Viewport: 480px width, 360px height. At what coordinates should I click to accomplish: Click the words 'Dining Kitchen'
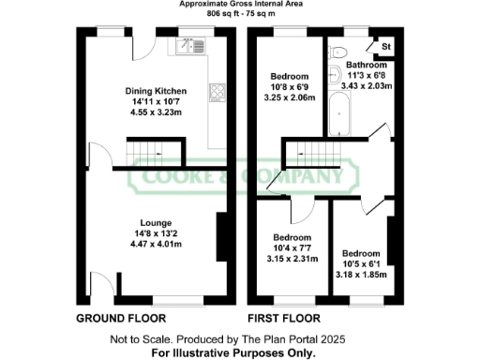click(157, 91)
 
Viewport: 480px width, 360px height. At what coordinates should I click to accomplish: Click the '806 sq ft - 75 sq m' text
click(240, 15)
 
